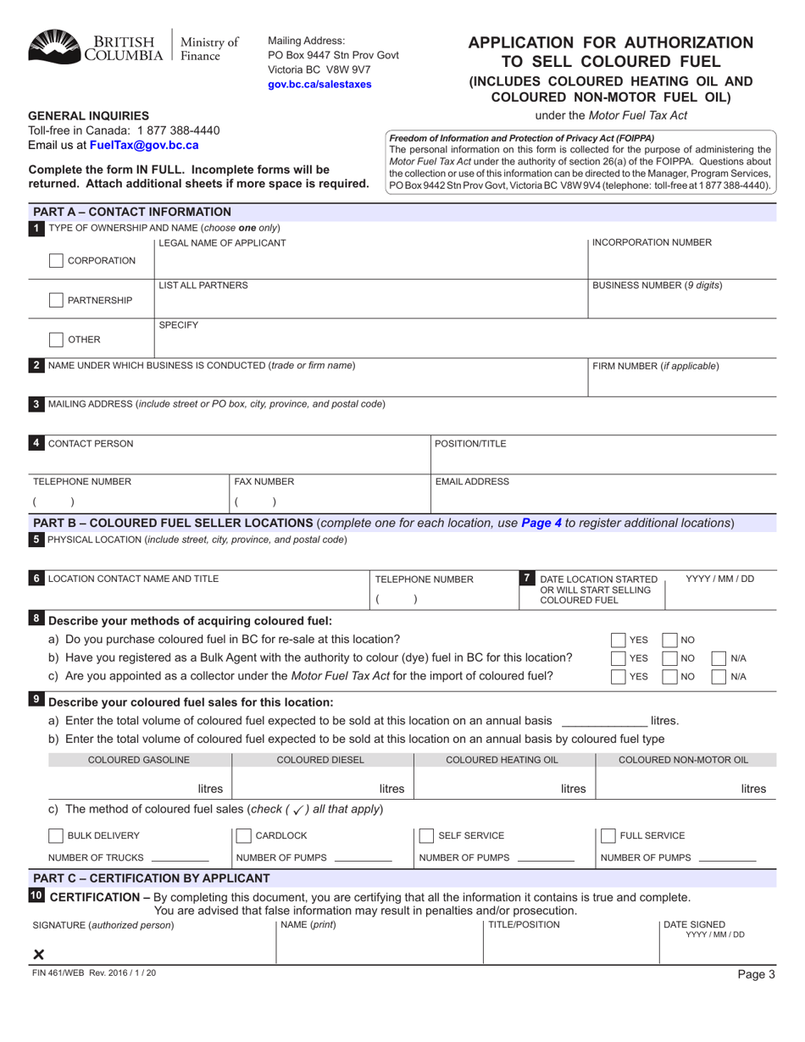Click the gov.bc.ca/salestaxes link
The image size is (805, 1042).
[x=319, y=85]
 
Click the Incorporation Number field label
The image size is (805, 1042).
[x=652, y=243]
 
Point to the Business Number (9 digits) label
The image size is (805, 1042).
[x=657, y=285]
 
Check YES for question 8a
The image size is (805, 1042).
[x=619, y=640]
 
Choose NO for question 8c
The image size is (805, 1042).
[x=668, y=676]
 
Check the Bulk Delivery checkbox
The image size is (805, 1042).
[x=55, y=836]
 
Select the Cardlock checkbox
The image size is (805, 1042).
[x=242, y=836]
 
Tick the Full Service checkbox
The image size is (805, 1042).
[x=608, y=836]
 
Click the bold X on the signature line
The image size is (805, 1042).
[x=38, y=955]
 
